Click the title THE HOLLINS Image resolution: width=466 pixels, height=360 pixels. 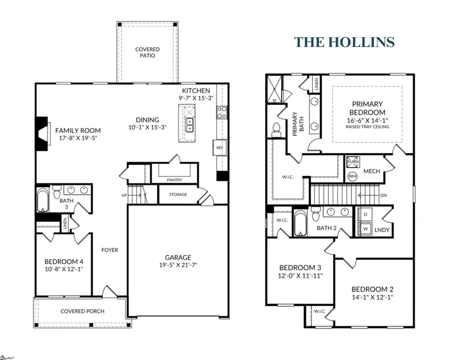click(x=345, y=42)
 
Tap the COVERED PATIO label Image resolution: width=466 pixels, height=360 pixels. click(x=148, y=53)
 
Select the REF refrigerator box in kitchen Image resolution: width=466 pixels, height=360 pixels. click(x=220, y=148)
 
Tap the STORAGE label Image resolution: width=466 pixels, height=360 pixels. click(x=177, y=194)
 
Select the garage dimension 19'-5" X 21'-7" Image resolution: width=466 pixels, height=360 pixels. click(x=178, y=265)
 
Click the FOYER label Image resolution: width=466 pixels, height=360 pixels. click(x=109, y=250)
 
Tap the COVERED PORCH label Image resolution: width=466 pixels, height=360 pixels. click(x=82, y=311)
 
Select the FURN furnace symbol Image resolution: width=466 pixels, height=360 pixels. click(x=352, y=162)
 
